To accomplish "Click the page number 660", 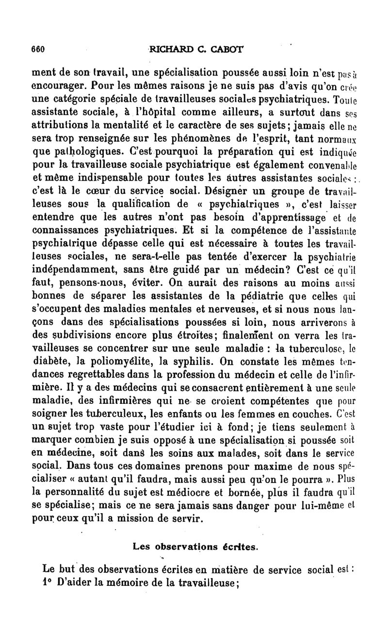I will click(37, 49).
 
